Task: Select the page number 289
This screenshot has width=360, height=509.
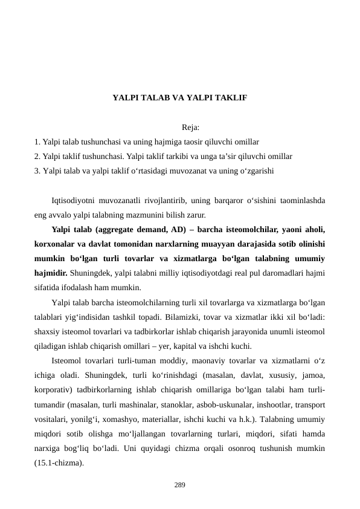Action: point(179,485)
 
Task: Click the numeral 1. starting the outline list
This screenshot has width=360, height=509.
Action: point(38,141)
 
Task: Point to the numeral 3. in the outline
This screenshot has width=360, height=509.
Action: point(38,170)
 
